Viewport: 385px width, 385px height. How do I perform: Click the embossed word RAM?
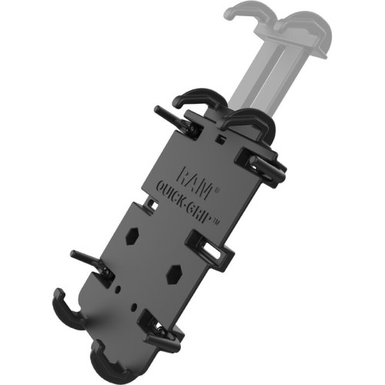[194, 182]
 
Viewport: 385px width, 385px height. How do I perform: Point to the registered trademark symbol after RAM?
[216, 190]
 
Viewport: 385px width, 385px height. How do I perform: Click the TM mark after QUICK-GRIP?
[216, 223]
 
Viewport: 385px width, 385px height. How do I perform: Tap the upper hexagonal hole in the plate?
[132, 236]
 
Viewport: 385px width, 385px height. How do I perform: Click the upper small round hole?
[118, 289]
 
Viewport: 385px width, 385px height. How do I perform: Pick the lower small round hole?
[133, 306]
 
